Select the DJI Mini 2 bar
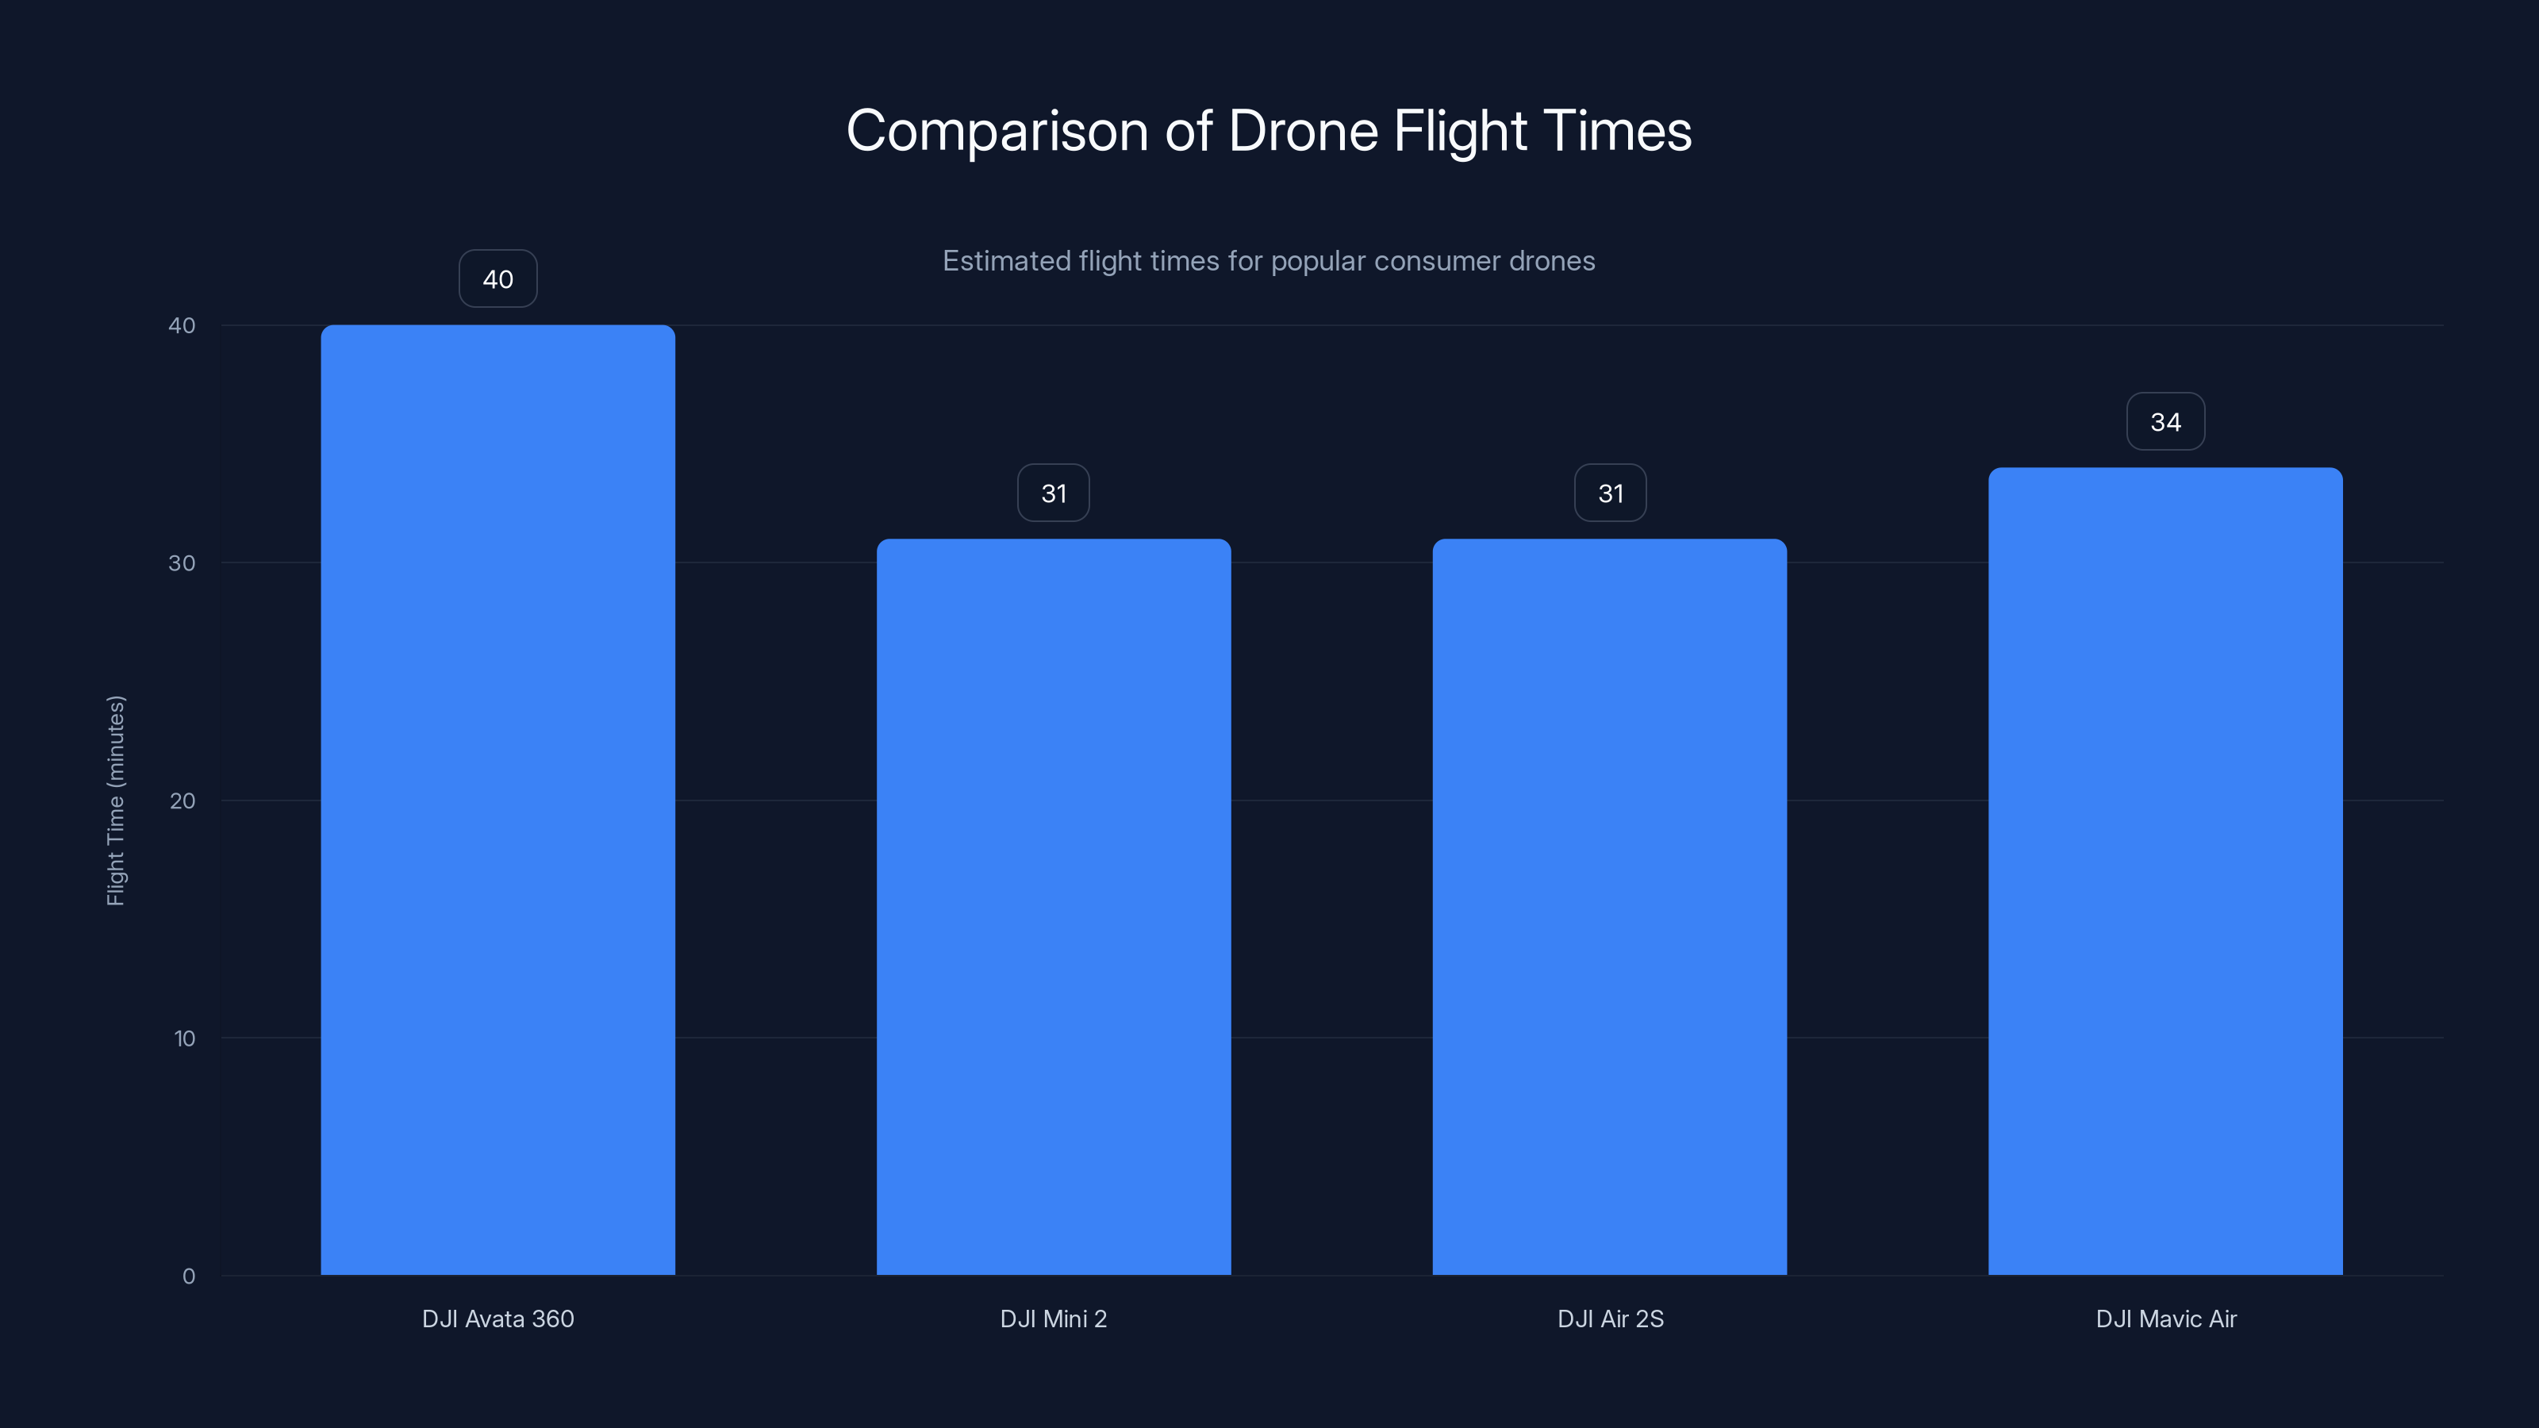pyautogui.click(x=1054, y=907)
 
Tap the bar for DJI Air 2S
pyautogui.click(x=1610, y=907)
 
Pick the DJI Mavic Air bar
pyautogui.click(x=2165, y=871)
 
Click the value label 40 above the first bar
pyautogui.click(x=497, y=279)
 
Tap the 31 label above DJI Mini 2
pyautogui.click(x=1054, y=493)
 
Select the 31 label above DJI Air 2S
pyautogui.click(x=1610, y=493)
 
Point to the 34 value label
pyautogui.click(x=2165, y=422)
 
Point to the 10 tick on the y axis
pyautogui.click(x=184, y=1038)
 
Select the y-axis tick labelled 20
pyautogui.click(x=182, y=801)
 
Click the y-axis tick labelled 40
pyautogui.click(x=182, y=326)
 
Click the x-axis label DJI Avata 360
pyautogui.click(x=497, y=1319)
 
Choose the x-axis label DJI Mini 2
pyautogui.click(x=1054, y=1319)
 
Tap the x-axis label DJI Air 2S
pyautogui.click(x=1610, y=1319)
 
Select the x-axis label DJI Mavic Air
pyautogui.click(x=2165, y=1319)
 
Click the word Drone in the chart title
pyautogui.click(x=1303, y=131)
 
